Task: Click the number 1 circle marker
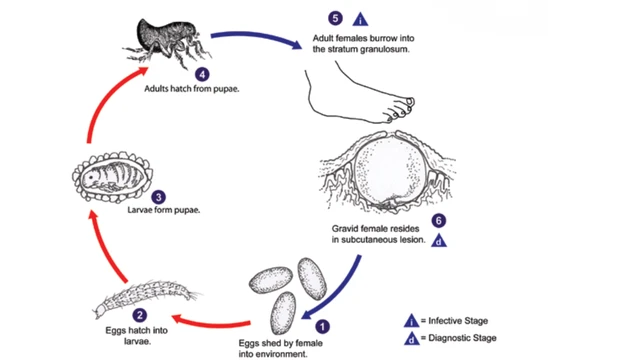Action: [x=322, y=325]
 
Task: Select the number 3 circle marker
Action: [x=158, y=197]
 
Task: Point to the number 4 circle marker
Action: [x=203, y=74]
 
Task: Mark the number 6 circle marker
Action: [x=437, y=221]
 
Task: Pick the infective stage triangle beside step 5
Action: [x=361, y=18]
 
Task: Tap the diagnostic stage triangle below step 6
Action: [x=438, y=241]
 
